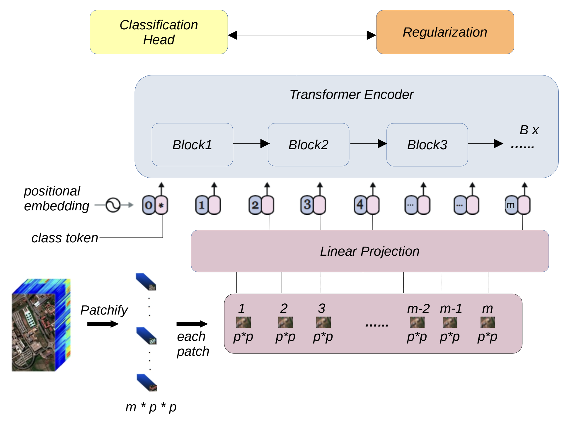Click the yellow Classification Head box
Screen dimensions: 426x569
coord(159,32)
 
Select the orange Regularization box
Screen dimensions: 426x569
coord(444,32)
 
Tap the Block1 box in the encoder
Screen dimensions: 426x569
coord(192,145)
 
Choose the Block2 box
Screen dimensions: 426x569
coord(308,145)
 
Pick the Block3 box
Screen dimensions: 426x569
coord(427,145)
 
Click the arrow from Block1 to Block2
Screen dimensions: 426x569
coord(251,144)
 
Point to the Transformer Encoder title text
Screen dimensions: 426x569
coord(351,95)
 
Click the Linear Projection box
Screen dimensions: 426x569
coord(369,251)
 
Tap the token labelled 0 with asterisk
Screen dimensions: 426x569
coord(155,205)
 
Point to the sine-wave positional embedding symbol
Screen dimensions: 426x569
coord(113,205)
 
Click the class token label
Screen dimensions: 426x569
coord(65,238)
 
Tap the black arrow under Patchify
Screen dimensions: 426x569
coord(103,324)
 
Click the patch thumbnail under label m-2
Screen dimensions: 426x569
coord(417,322)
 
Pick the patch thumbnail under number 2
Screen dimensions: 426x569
coord(285,322)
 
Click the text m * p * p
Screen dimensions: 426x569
coord(151,407)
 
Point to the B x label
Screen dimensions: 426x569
coord(529,130)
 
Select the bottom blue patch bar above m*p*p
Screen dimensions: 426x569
coord(147,383)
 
